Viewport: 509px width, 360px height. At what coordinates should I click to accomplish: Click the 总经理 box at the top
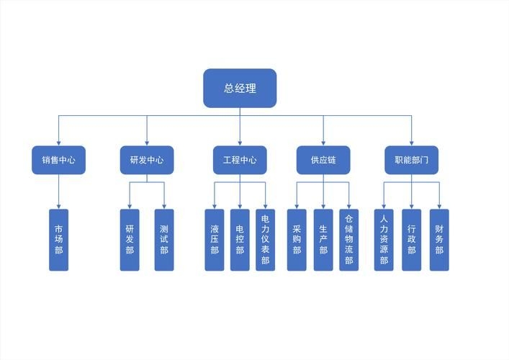click(x=240, y=88)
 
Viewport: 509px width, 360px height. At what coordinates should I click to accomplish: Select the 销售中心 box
click(x=59, y=160)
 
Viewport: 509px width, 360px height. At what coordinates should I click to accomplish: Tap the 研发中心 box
click(x=147, y=160)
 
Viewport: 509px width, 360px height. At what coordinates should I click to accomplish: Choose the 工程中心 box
click(x=240, y=160)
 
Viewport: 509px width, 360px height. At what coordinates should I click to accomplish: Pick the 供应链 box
click(x=323, y=160)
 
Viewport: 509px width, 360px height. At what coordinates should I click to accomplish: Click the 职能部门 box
click(x=412, y=160)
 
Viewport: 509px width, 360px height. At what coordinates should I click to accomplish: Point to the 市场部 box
click(x=59, y=240)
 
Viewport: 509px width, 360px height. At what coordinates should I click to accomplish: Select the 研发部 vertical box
click(x=130, y=240)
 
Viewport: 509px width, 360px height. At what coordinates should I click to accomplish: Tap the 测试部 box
click(x=164, y=240)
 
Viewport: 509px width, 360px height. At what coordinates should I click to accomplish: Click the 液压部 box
click(x=215, y=240)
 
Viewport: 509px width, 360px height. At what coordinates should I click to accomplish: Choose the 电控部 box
click(x=240, y=240)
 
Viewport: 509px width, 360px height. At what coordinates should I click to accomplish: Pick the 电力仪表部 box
click(x=266, y=240)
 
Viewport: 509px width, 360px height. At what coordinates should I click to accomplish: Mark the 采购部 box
click(x=297, y=240)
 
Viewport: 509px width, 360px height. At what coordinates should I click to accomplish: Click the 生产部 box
click(x=323, y=240)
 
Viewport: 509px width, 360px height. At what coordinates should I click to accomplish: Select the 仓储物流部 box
click(x=349, y=240)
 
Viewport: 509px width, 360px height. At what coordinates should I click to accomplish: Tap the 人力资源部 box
click(x=384, y=240)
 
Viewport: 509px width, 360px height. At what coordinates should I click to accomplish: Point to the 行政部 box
click(x=412, y=240)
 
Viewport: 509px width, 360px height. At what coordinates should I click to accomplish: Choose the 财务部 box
click(x=439, y=240)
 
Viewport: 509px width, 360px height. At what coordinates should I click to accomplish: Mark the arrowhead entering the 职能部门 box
click(x=412, y=143)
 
